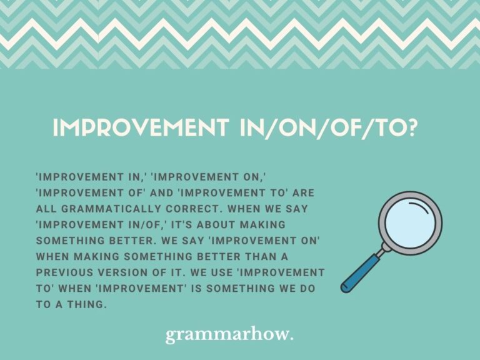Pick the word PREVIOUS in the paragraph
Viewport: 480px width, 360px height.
coord(67,273)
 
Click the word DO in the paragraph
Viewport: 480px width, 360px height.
coord(307,289)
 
